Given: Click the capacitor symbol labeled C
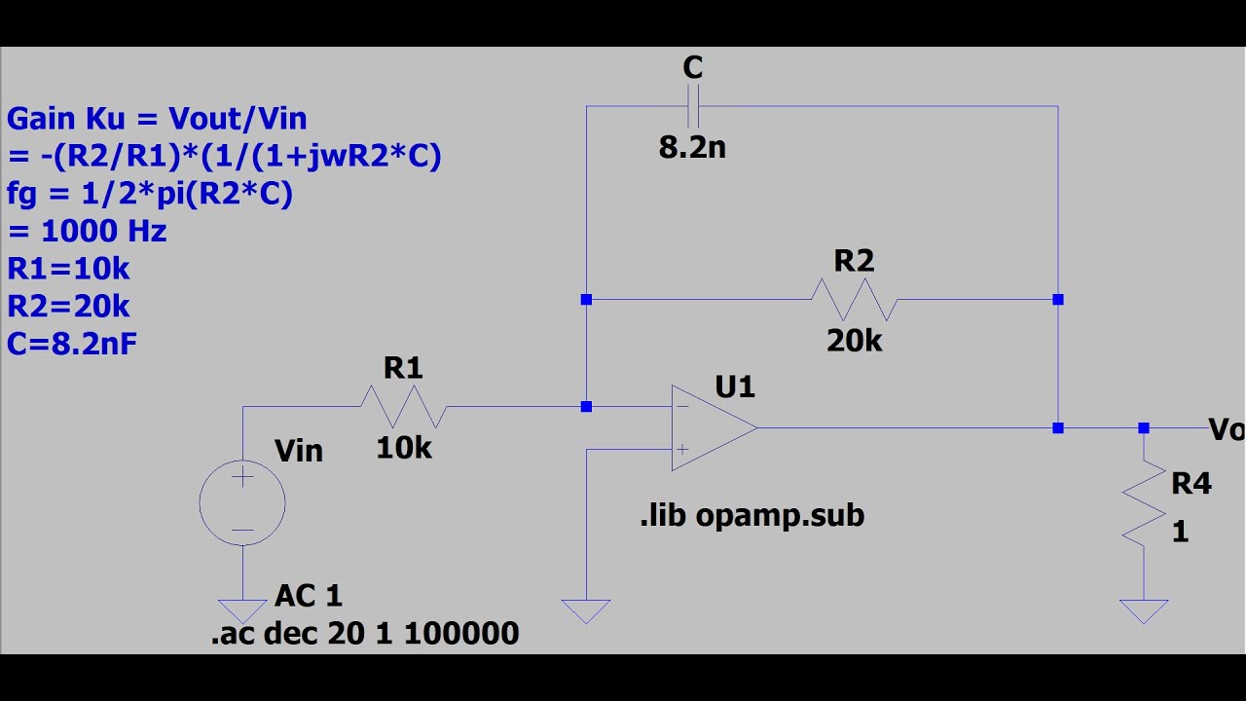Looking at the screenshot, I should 693,106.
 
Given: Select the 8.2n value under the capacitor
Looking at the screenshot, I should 692,148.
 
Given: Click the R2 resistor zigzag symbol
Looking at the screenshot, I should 854,300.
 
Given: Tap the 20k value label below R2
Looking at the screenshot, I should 854,341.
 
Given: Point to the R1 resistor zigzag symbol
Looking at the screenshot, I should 403,407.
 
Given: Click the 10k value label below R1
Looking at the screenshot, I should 403,448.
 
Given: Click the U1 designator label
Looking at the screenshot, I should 735,387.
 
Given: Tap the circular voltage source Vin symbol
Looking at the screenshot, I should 242,503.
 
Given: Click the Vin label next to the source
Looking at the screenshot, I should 299,451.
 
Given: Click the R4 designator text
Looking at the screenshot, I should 1191,484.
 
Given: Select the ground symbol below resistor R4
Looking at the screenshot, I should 1144,610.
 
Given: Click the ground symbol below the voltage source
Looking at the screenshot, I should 242,610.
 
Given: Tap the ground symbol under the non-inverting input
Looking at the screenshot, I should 586,610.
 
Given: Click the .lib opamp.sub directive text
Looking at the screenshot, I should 751,516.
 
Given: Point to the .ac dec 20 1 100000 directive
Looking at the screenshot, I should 365,634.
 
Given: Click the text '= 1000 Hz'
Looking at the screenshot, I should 87,232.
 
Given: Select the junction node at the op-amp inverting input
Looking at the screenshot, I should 586,407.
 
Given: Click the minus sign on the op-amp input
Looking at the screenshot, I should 683,407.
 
